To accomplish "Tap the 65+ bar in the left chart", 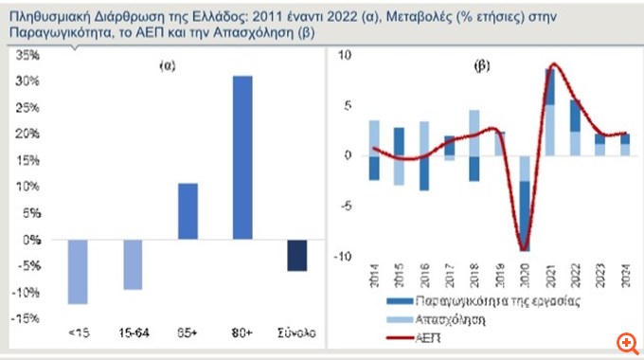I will (187, 211).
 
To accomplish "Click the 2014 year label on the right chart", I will (375, 276).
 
